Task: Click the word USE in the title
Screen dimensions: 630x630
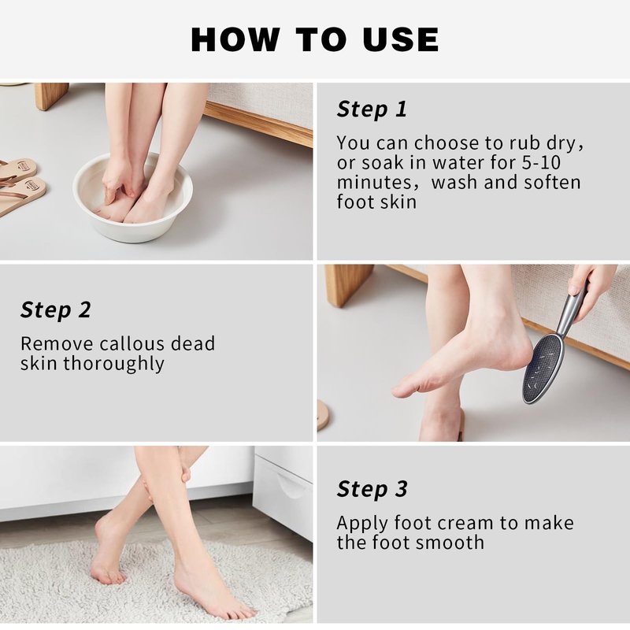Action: tap(401, 40)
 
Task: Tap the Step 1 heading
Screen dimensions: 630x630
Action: tap(372, 109)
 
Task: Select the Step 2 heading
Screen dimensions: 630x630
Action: tap(56, 309)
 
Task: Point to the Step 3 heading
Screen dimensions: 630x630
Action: tap(372, 489)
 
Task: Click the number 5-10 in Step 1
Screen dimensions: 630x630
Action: tap(541, 162)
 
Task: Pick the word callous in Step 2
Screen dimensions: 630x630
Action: tap(132, 343)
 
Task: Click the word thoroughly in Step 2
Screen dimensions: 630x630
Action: tap(113, 364)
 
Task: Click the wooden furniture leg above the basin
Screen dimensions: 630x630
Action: tap(51, 95)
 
